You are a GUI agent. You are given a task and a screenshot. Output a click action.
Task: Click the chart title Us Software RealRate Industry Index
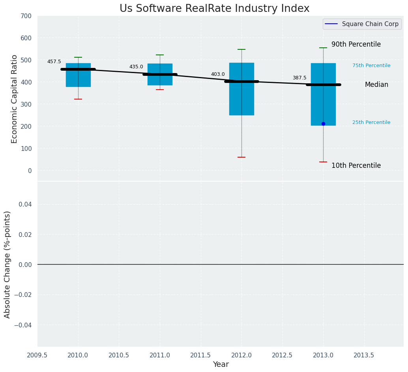click(x=214, y=9)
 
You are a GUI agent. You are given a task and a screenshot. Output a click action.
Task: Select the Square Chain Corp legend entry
click(x=362, y=24)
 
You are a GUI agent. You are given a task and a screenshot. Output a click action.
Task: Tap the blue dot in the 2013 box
click(x=323, y=124)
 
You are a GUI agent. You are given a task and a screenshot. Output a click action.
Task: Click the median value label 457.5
click(x=54, y=62)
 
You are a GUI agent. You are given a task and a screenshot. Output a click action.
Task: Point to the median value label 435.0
click(x=136, y=67)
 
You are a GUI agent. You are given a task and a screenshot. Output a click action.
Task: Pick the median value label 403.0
click(x=218, y=74)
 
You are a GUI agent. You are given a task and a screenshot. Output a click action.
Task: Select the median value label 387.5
click(x=299, y=78)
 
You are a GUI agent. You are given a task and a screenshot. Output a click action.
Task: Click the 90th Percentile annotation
click(x=356, y=44)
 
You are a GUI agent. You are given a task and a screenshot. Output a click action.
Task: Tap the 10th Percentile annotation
click(x=356, y=165)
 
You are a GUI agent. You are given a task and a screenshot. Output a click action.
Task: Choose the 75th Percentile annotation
click(x=371, y=66)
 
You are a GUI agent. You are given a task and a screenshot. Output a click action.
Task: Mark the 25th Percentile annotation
click(x=371, y=122)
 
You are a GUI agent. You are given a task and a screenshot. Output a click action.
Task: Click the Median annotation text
click(x=376, y=85)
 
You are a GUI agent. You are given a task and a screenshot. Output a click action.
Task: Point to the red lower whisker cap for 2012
click(x=241, y=157)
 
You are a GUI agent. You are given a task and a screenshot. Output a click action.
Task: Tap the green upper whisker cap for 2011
click(x=160, y=55)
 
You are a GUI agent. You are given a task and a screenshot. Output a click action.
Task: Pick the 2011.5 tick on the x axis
click(x=201, y=355)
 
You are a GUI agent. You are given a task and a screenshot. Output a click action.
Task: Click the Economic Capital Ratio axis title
click(x=14, y=99)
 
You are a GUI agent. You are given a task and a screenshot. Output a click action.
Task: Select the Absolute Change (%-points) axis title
click(x=7, y=264)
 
